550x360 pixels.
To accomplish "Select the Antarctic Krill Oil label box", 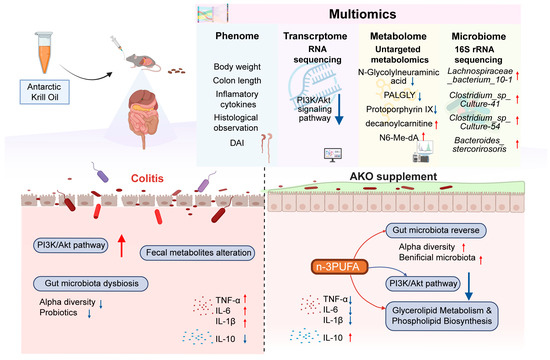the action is point(45,92).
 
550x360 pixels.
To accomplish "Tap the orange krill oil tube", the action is point(44,53).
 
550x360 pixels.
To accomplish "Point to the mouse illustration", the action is point(143,61).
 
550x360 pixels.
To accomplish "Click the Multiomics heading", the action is point(362,14).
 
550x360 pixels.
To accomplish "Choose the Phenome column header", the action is point(237,36).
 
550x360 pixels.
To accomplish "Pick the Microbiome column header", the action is point(478,36).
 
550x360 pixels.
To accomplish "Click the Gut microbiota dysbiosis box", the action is point(91,284).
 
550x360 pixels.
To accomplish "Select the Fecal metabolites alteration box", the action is point(198,253).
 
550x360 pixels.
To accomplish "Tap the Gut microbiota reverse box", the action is point(436,231).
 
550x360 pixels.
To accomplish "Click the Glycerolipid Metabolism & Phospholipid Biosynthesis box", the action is point(442,316).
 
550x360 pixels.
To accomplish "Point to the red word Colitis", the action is point(147,178).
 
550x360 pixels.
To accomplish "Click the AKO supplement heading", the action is point(393,176).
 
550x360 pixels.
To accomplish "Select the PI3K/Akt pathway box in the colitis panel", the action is point(71,245).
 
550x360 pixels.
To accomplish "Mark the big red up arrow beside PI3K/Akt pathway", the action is point(121,246).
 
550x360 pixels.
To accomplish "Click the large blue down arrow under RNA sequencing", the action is point(339,109).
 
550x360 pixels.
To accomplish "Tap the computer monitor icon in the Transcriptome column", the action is point(333,155).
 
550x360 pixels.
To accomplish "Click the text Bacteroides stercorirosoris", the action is point(479,145).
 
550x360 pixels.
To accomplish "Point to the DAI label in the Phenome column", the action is point(237,143).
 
